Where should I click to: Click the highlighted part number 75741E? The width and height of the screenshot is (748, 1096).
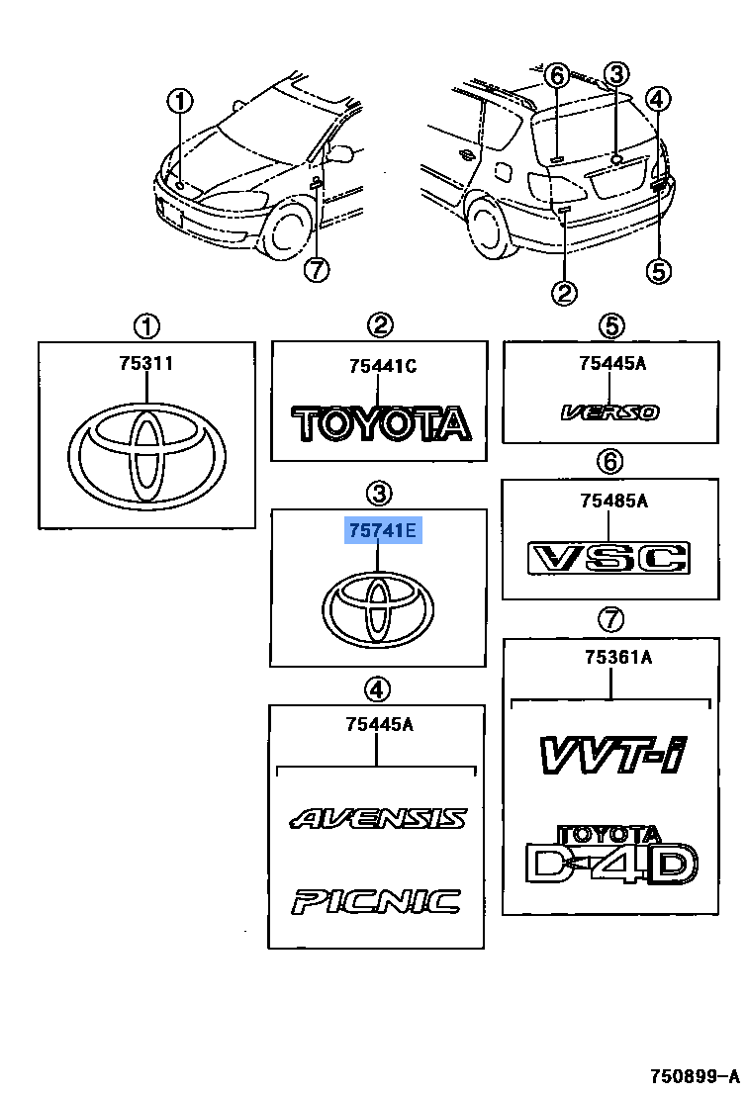pos(383,533)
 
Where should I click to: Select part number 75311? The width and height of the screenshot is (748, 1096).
pos(145,363)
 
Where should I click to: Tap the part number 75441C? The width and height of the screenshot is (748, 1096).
pos(382,367)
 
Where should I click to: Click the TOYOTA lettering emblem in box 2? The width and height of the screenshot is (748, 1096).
pos(381,422)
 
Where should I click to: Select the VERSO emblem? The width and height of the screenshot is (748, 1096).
pos(610,411)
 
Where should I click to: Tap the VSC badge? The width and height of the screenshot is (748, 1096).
pos(608,559)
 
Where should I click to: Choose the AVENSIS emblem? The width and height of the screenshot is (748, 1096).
pos(378,818)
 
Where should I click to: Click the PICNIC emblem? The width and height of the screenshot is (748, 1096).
pos(376,900)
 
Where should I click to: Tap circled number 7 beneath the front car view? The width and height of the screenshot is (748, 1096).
pos(316,268)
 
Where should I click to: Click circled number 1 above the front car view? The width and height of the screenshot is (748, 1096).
pos(179,100)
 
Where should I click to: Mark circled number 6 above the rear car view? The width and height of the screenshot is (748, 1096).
pos(556,75)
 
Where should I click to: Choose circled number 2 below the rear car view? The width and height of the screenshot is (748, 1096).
pos(564,292)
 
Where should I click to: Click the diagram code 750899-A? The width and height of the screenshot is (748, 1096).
pos(692,1075)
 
